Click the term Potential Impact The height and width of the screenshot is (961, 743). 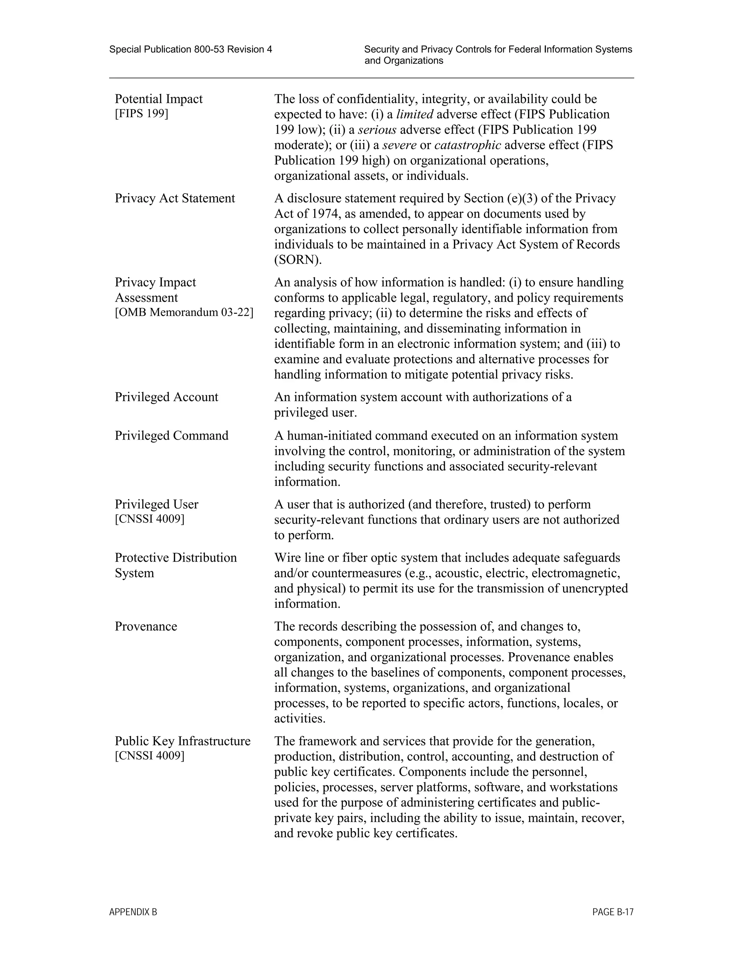point(159,99)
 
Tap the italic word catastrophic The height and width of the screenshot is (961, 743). point(467,145)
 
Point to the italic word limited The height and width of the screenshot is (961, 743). point(415,114)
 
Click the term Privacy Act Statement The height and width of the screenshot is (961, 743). point(175,198)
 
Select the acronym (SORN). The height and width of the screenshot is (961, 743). point(297,260)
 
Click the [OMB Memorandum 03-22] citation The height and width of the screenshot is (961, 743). point(184,312)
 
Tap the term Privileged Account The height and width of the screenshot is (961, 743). point(167,397)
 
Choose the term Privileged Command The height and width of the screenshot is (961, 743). point(172,436)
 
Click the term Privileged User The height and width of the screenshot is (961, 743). point(156,504)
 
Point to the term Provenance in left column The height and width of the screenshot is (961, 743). point(146,627)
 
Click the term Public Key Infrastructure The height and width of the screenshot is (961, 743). point(182,742)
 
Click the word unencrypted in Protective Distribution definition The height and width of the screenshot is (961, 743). point(595,589)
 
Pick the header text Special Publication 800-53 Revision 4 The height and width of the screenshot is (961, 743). point(190,49)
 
